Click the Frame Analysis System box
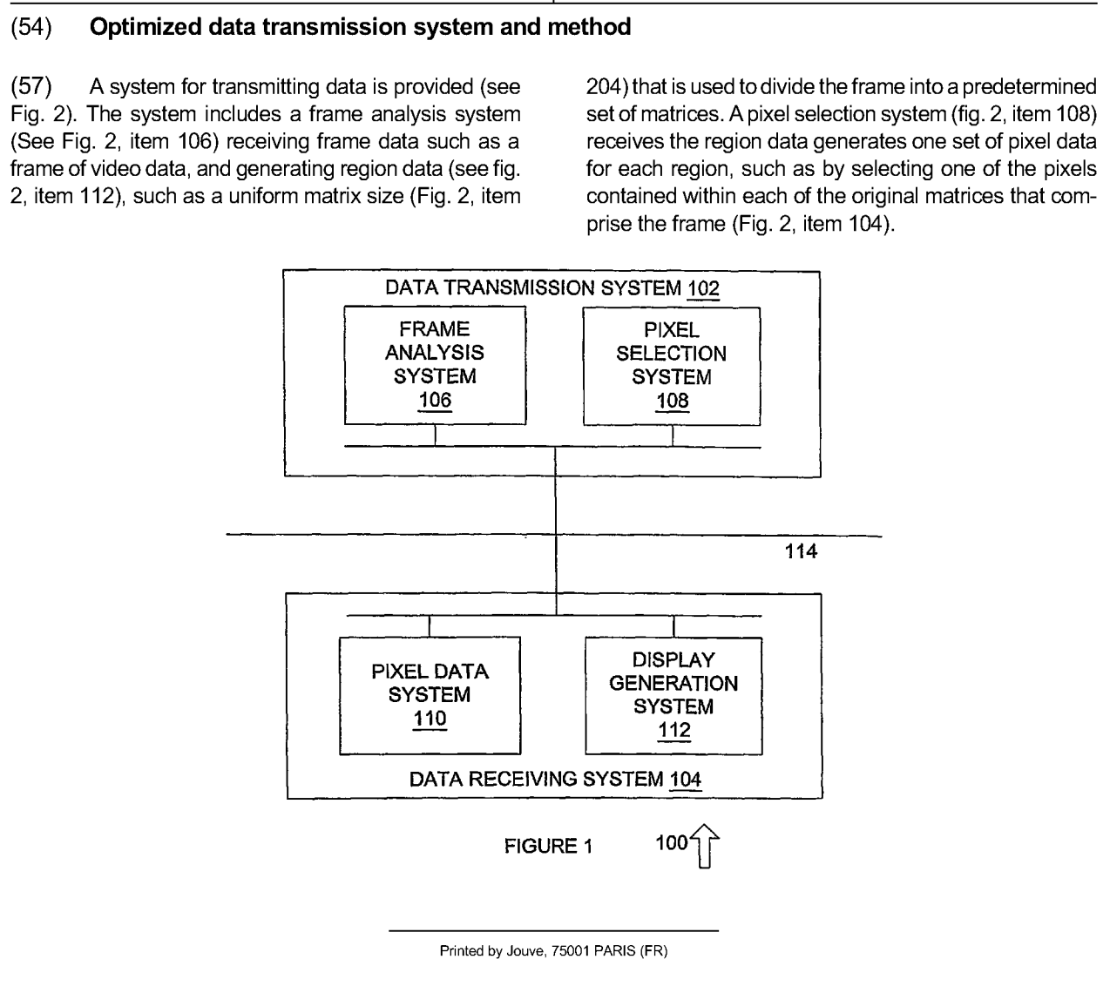436,364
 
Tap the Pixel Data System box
429,694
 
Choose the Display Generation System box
673,694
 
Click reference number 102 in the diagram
702,288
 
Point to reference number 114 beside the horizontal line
801,551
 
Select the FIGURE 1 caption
548,847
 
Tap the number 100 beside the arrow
672,843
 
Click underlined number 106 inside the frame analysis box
436,400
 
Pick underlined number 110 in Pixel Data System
430,719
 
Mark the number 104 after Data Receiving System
686,779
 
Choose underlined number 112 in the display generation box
674,730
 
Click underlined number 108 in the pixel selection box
672,401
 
